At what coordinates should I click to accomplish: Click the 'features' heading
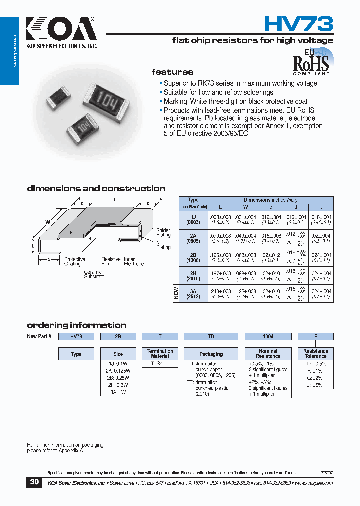[x=172, y=72]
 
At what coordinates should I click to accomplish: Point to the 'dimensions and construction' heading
[x=96, y=189]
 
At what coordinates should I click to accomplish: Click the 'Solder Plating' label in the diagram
[x=163, y=232]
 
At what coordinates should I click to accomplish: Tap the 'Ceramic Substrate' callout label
[x=94, y=274]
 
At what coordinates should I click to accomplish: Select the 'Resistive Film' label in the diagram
[x=111, y=261]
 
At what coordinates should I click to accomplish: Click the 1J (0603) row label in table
[x=193, y=219]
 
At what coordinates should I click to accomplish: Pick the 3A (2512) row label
[x=193, y=293]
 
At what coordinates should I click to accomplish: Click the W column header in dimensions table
[x=245, y=206]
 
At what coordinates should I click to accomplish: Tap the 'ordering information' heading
[x=76, y=325]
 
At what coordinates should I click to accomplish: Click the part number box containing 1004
[x=268, y=337]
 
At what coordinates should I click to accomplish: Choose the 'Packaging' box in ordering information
[x=211, y=354]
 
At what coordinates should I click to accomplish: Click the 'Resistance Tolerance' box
[x=315, y=354]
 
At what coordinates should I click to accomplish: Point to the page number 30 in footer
[x=34, y=482]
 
